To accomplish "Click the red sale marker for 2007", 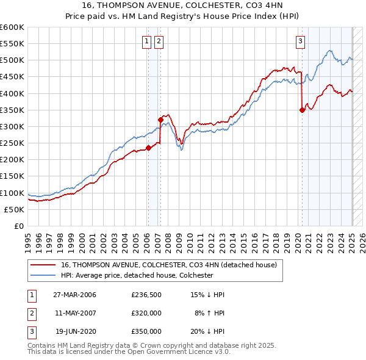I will tap(160, 120).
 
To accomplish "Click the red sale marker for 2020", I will tap(302, 110).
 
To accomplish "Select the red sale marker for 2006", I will tap(148, 147).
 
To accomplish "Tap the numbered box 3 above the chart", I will tap(301, 41).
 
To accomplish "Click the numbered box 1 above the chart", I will tap(148, 41).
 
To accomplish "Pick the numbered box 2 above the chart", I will tap(159, 41).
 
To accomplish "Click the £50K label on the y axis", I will tap(14, 209).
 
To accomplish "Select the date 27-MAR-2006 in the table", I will tap(74, 295).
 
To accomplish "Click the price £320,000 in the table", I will tap(146, 313).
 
